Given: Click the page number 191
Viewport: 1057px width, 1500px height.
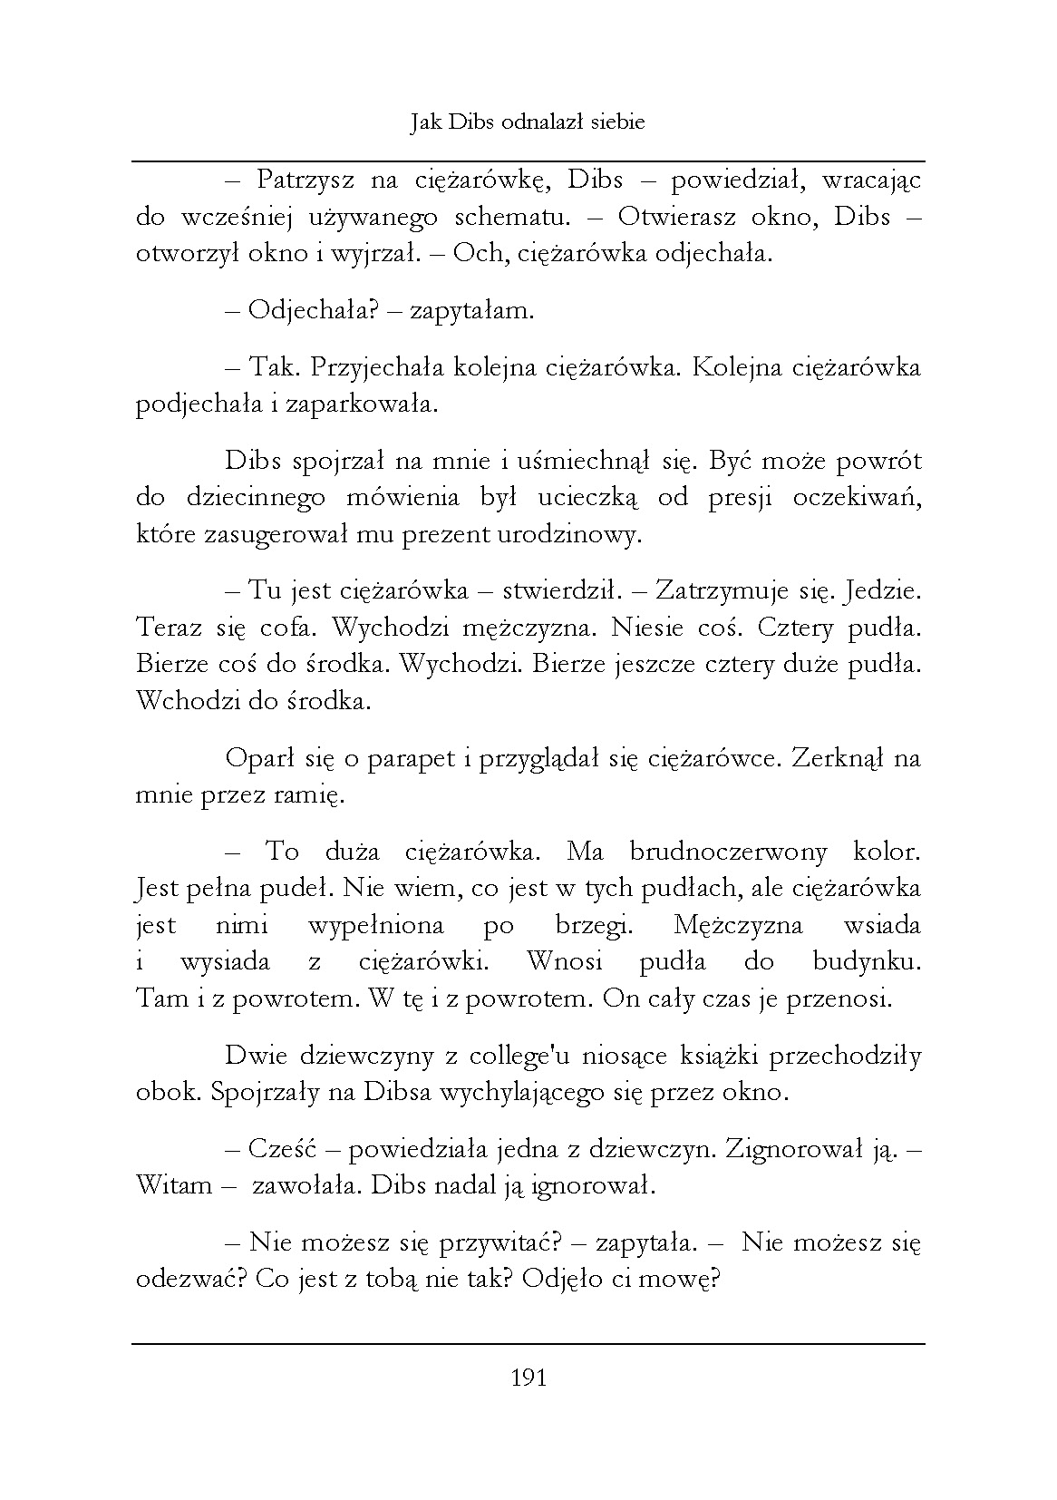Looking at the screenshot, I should [528, 1378].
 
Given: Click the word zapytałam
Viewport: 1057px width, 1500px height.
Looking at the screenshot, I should [471, 311].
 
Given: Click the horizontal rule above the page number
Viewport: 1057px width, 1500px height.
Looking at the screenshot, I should [528, 1344].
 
